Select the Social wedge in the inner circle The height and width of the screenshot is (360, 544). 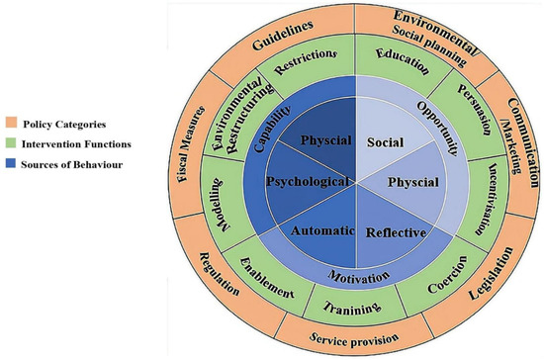tap(378, 142)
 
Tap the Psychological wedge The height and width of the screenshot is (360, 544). tap(309, 182)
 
